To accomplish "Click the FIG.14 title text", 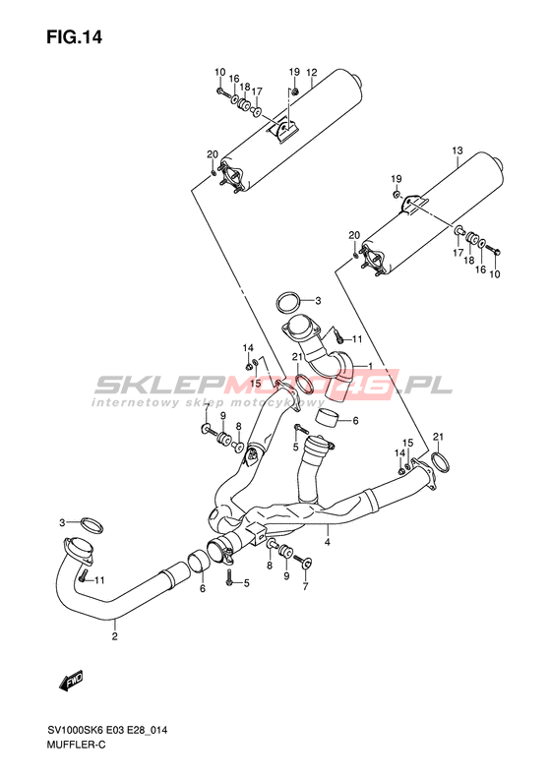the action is (x=74, y=37).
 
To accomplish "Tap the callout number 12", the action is (x=311, y=73).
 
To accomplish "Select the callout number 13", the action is (x=458, y=150).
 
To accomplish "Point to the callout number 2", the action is (x=115, y=636).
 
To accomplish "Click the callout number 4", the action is (x=327, y=542).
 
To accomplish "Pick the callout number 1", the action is (x=370, y=366).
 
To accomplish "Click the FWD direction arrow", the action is (x=71, y=681).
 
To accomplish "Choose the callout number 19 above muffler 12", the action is (x=294, y=72).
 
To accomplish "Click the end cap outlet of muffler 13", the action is (x=498, y=163).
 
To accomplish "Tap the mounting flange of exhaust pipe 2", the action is (x=78, y=551).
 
